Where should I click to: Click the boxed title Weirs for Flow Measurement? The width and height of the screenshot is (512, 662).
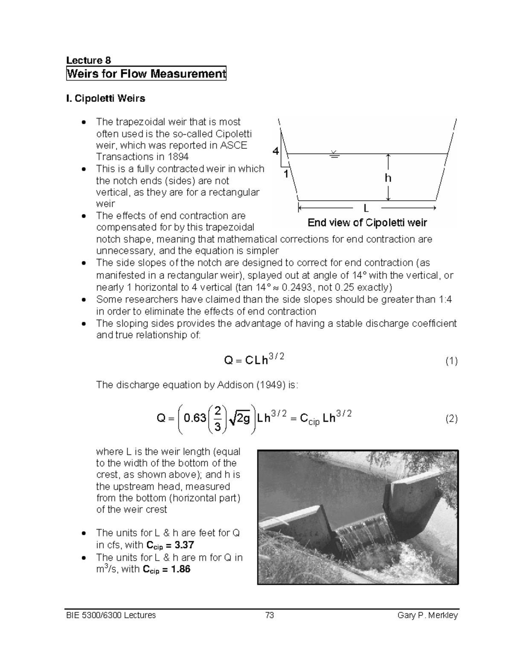(x=146, y=74)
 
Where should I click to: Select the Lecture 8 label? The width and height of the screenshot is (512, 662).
(x=88, y=60)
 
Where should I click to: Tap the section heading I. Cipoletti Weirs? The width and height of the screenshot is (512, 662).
(x=106, y=98)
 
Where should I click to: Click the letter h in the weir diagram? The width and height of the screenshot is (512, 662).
(x=388, y=178)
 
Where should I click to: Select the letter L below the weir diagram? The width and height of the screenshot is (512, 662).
(x=366, y=208)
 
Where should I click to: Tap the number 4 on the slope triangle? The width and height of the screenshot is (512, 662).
(x=276, y=151)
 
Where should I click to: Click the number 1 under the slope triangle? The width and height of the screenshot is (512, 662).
(x=286, y=173)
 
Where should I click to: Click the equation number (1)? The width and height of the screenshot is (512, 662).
(x=451, y=361)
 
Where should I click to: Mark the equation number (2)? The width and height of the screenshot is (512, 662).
(x=451, y=419)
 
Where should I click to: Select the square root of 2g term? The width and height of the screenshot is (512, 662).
(x=239, y=419)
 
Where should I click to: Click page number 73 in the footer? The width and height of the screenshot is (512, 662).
(x=269, y=615)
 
